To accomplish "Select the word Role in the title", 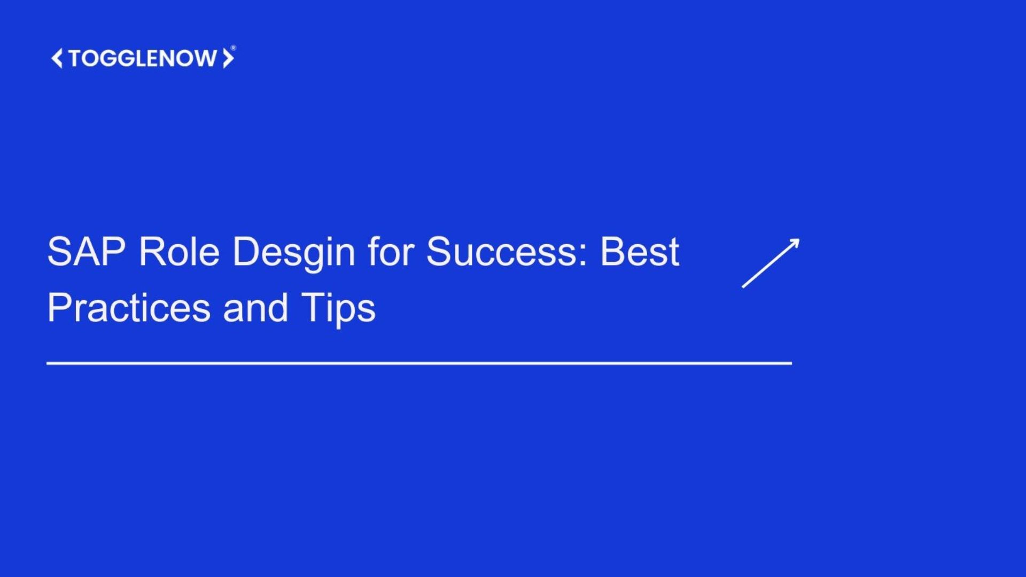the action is [179, 251].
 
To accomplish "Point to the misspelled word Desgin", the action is [294, 254].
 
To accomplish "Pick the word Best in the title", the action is [640, 251].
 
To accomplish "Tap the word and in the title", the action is [256, 307].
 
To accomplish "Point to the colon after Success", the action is [584, 255].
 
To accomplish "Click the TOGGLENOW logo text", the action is [143, 58].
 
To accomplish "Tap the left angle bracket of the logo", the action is [57, 58].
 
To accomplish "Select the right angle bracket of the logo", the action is [228, 58].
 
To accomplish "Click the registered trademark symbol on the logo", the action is [233, 48].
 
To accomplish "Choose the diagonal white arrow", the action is [771, 263].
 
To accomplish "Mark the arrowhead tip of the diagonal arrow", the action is [799, 239].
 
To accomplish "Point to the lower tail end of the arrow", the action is [743, 287].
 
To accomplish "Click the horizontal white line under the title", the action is [419, 363].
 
